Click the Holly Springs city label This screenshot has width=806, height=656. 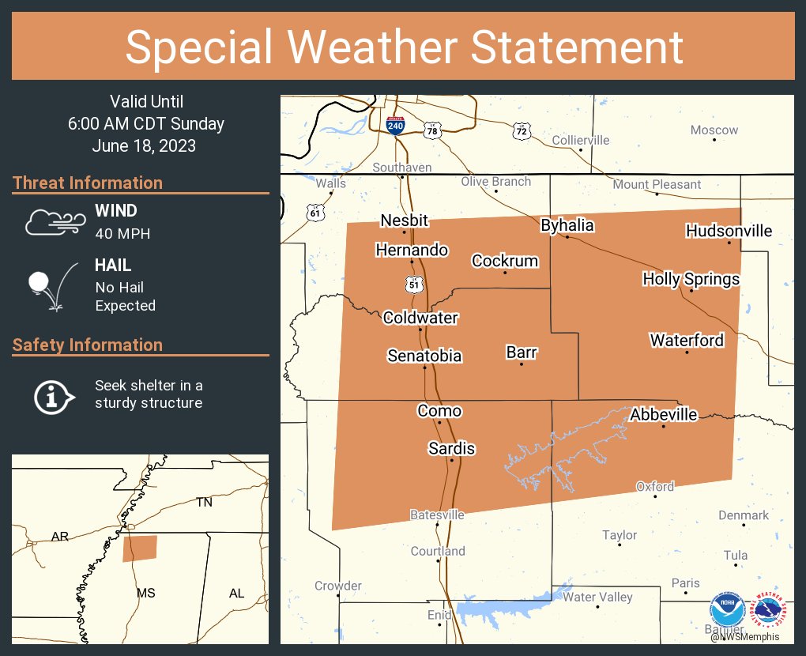691,279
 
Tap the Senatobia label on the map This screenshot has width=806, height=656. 424,356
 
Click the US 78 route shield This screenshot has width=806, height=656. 431,130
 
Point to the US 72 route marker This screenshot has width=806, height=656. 520,130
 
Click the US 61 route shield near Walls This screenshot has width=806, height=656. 315,213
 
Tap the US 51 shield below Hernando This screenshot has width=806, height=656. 413,282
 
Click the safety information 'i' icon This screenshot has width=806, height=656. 53,396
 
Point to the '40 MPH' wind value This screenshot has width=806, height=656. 122,234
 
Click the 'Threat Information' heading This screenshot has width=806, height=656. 88,183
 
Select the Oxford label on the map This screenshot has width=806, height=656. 655,486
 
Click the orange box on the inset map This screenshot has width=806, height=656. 140,549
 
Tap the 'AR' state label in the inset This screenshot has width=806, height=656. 59,537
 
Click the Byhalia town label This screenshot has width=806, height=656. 567,225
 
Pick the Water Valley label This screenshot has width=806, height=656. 597,597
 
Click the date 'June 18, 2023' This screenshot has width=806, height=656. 144,146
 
